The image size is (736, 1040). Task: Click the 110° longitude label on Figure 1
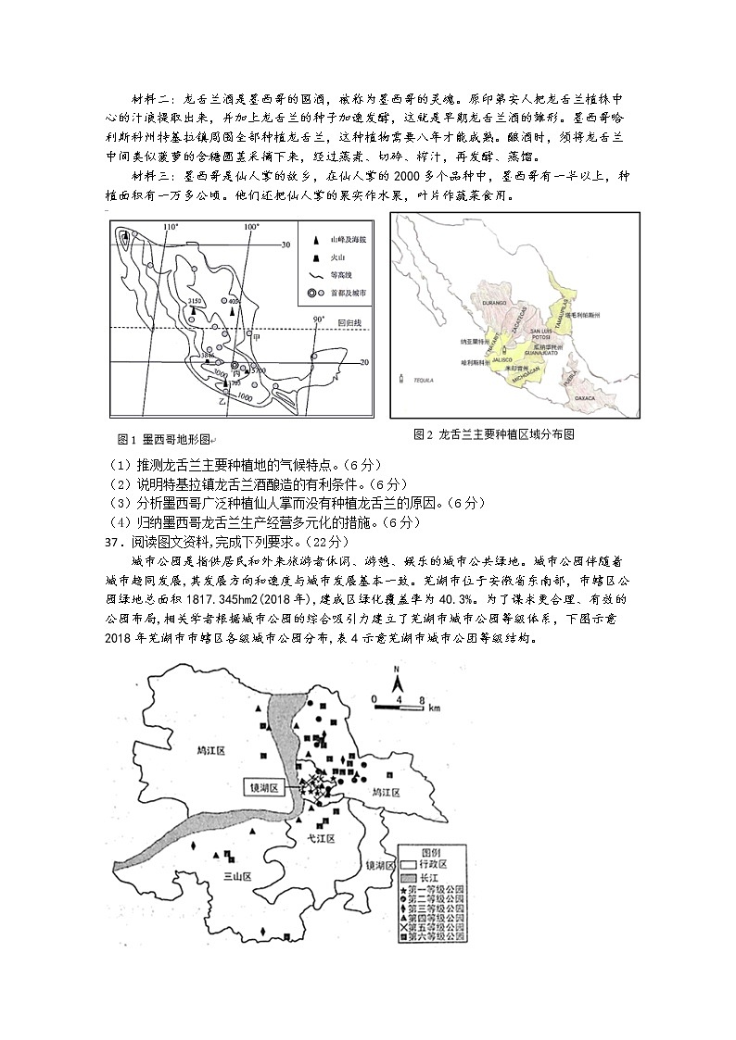pyautogui.click(x=169, y=227)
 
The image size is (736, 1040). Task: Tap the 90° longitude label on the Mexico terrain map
pyautogui.click(x=318, y=320)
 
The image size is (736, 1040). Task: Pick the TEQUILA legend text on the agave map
pyautogui.click(x=424, y=380)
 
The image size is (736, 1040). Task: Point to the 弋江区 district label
pyautogui.click(x=321, y=837)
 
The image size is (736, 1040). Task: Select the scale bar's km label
pyautogui.click(x=434, y=708)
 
